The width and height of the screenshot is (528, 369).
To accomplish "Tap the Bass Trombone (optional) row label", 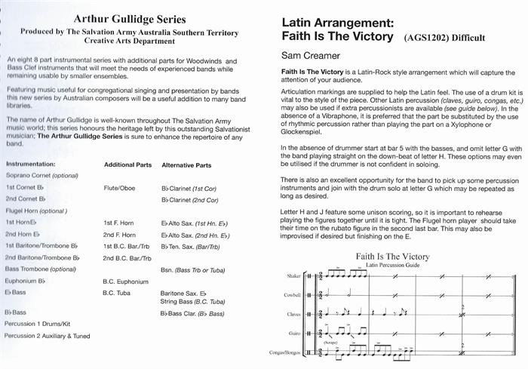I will [x=41, y=269].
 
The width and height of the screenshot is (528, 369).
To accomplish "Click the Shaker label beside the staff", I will [x=291, y=278].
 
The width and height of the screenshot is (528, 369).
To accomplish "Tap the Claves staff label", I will [x=291, y=314].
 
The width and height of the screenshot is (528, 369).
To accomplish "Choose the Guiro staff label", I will [x=293, y=333].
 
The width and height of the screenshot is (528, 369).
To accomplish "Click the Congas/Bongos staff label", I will [x=284, y=352].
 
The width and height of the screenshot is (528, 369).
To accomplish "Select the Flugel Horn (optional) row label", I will [x=35, y=212].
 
